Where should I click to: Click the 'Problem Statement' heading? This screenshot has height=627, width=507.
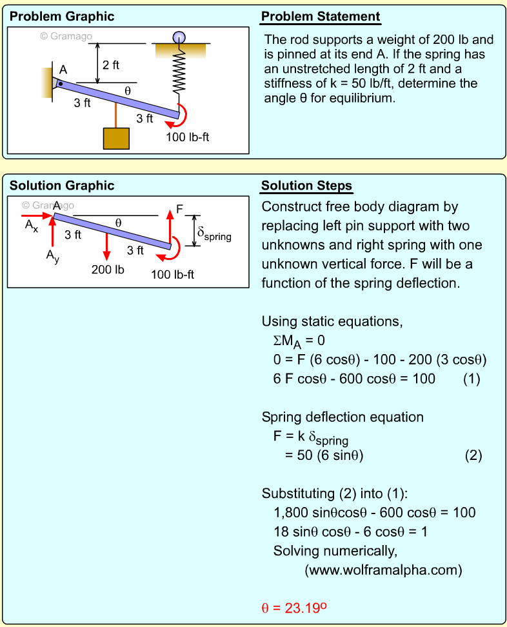[x=321, y=17]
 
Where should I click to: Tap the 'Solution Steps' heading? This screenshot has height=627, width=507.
[x=306, y=186]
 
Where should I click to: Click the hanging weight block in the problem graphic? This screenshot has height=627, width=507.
[x=116, y=138]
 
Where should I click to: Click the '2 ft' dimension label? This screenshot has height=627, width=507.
[x=111, y=65]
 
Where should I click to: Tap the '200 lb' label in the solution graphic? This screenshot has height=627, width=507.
[x=107, y=270]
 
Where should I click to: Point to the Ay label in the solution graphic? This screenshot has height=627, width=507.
[x=52, y=255]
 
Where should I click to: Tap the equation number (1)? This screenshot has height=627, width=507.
[x=472, y=379]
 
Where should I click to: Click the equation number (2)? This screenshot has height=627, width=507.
[x=473, y=455]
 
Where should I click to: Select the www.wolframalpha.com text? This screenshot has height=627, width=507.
[x=384, y=570]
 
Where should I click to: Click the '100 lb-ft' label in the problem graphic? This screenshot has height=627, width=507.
[x=187, y=137]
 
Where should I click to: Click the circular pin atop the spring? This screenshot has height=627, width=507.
[x=178, y=36]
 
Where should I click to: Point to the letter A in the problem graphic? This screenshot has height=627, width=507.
[x=63, y=70]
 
